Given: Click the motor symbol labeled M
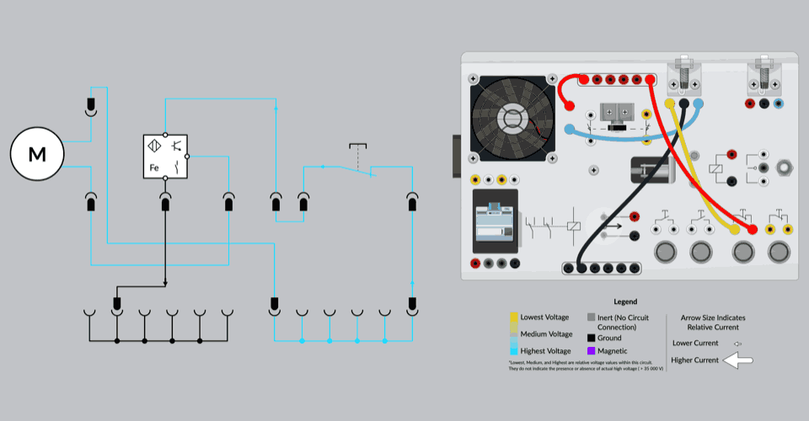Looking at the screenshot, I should (37, 154).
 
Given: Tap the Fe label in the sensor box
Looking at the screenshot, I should (154, 168).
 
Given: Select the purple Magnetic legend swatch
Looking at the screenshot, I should (592, 350).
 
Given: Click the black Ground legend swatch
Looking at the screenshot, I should (592, 338).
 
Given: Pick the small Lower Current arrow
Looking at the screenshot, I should (737, 344).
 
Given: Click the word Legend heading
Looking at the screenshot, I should (626, 301).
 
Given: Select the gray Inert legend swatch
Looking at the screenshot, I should (592, 317).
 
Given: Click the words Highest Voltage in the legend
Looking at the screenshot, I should (546, 350).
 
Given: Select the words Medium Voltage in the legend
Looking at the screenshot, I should (545, 333).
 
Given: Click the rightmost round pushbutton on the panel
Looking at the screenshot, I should (779, 251).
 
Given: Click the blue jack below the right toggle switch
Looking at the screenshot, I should (778, 104).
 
